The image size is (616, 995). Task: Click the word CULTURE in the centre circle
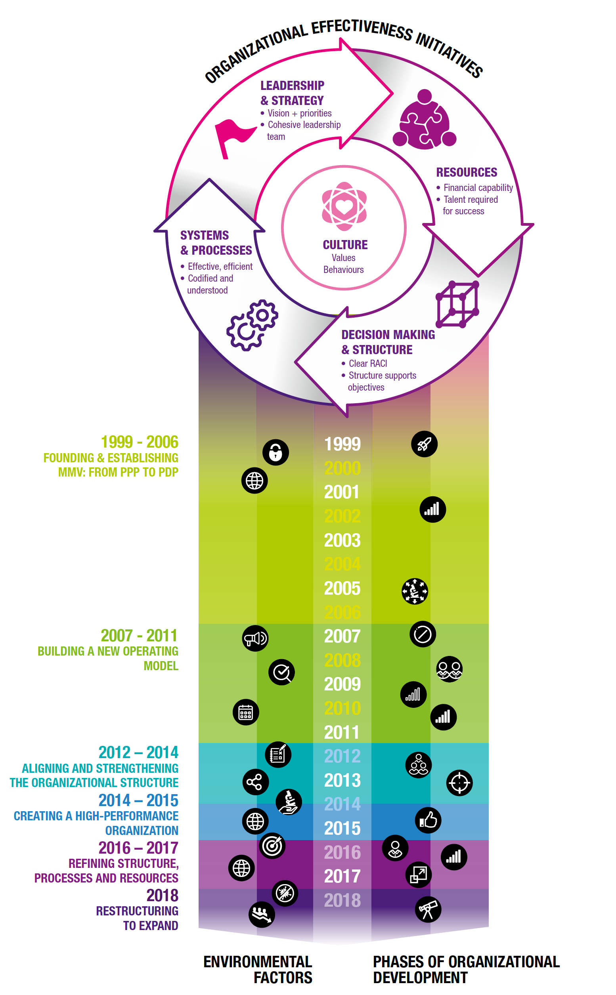[x=345, y=245]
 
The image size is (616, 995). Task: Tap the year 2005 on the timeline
[x=342, y=588]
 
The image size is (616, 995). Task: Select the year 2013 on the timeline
[x=342, y=780]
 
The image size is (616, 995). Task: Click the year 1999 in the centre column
[x=342, y=444]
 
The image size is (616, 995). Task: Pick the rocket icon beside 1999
[x=424, y=444]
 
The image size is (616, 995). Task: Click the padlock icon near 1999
[x=275, y=452]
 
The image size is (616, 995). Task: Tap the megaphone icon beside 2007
[x=255, y=638]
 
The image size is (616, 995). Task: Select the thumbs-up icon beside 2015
[x=428, y=820]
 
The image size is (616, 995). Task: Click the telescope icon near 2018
[x=428, y=909]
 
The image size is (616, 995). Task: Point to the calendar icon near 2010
[x=246, y=712]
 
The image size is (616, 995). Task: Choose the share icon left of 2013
[x=255, y=782]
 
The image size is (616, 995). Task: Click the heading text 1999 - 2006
[x=140, y=442]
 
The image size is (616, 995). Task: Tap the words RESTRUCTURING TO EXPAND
[x=137, y=918]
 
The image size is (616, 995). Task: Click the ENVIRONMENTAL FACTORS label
[x=258, y=969]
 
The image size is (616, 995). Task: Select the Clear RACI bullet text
[x=367, y=364]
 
